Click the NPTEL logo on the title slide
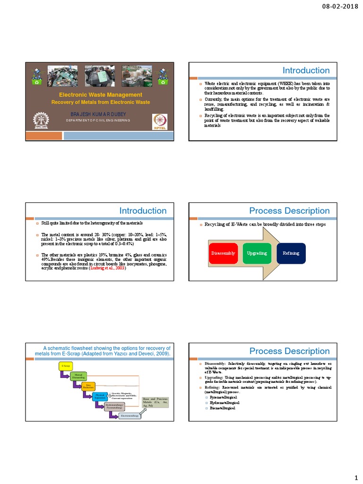(158, 121)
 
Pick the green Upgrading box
(257, 253)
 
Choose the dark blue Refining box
(291, 253)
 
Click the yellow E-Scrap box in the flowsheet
(65, 366)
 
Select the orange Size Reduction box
(88, 387)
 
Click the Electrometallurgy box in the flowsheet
(130, 415)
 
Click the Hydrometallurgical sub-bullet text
(225, 402)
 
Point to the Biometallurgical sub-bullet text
(223, 407)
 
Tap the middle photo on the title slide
(100, 75)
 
